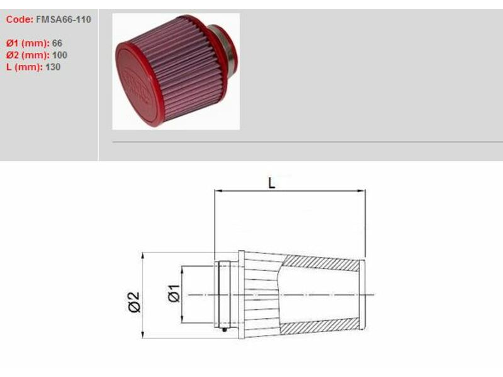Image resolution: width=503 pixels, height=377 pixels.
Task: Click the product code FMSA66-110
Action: (64, 20)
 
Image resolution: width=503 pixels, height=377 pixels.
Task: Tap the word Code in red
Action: (19, 20)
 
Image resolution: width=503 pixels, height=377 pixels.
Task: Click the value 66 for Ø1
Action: (57, 43)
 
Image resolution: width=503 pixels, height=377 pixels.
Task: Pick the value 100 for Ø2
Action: (59, 55)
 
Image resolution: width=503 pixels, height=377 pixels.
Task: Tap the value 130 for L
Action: (53, 67)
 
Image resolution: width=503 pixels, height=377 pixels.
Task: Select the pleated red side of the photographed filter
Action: (185, 66)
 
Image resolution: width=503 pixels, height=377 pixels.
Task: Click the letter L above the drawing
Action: (272, 183)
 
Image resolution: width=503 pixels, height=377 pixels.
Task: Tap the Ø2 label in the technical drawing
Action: (135, 302)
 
